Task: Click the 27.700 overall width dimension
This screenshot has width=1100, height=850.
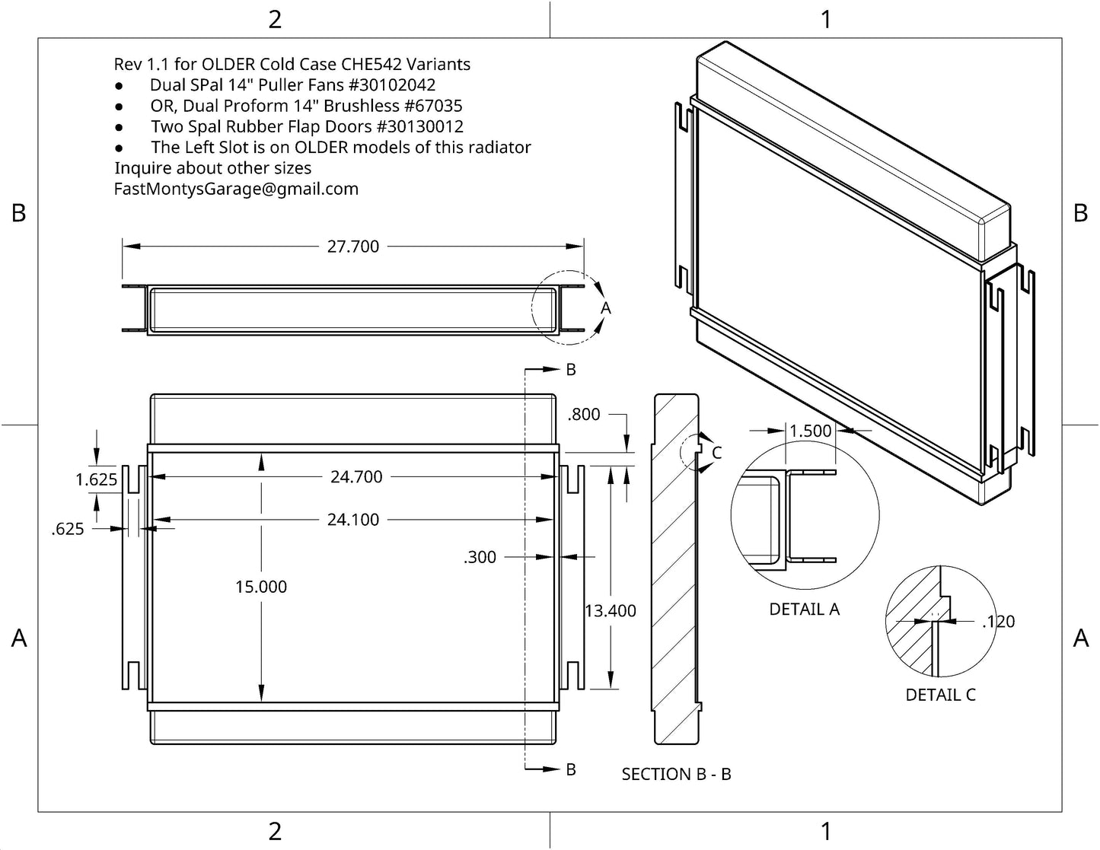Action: tap(352, 247)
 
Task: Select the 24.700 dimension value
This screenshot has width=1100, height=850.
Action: tap(356, 477)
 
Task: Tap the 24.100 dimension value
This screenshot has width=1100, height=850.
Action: tap(352, 520)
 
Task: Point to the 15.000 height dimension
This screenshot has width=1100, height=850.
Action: tap(261, 587)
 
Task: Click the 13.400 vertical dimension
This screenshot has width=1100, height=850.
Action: tap(611, 611)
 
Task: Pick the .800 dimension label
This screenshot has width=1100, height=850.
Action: tap(584, 415)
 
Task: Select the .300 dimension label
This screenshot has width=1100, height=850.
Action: tap(480, 557)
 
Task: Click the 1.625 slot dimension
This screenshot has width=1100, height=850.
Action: tap(97, 479)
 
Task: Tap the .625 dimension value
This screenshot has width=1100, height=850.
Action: tap(68, 529)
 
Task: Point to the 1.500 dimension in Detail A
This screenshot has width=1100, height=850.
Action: tap(811, 431)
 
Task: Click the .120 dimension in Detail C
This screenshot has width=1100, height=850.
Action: tap(998, 622)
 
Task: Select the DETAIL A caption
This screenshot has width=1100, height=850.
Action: tap(804, 610)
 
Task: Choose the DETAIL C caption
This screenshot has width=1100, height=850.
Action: tap(940, 695)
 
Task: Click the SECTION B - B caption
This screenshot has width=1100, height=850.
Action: tap(676, 775)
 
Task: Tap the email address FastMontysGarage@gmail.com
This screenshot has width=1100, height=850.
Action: tap(236, 189)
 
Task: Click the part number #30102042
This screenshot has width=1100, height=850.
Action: tap(391, 85)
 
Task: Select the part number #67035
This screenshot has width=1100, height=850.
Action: tap(432, 106)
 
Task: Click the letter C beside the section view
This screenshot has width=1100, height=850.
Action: tap(716, 453)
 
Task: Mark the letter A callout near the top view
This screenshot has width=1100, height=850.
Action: tap(606, 307)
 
